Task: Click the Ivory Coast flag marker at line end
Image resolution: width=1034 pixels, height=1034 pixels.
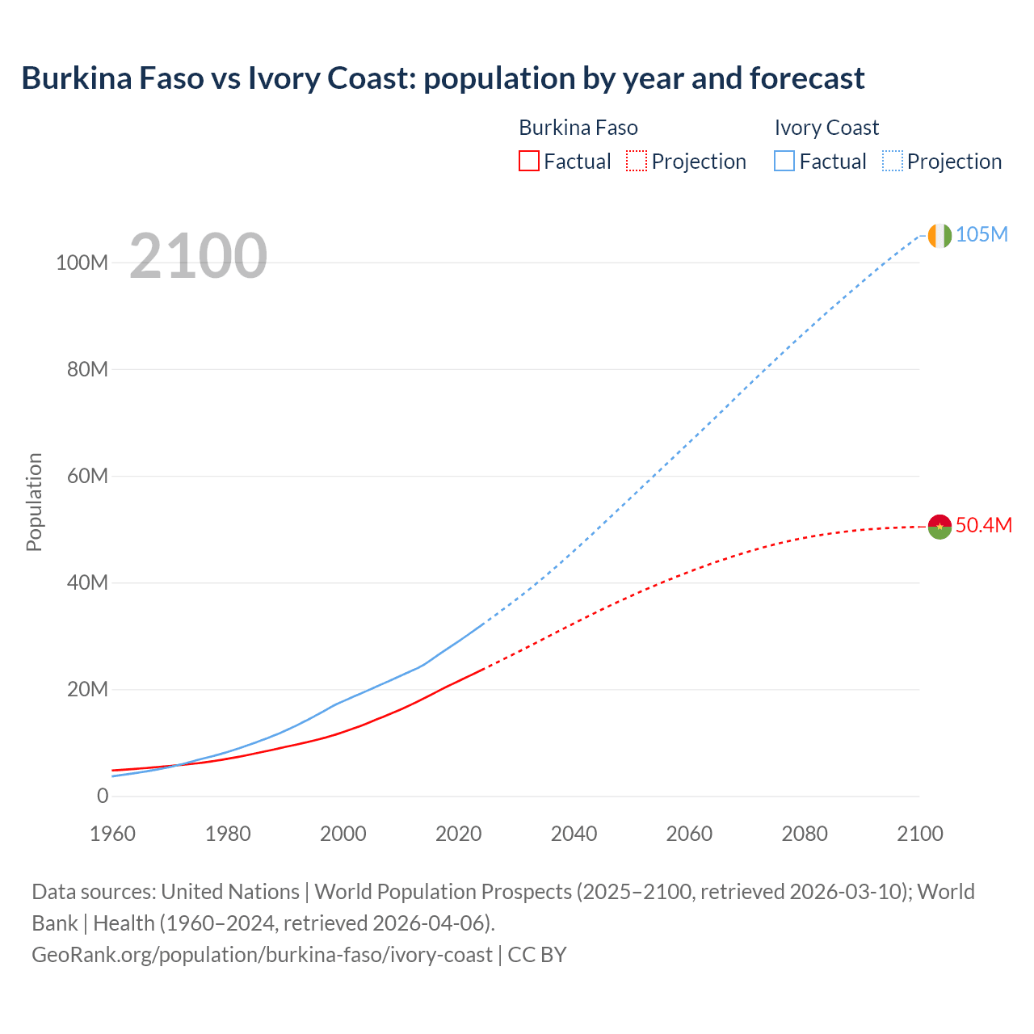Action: point(939,235)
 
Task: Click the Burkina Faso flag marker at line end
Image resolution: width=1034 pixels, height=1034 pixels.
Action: point(939,527)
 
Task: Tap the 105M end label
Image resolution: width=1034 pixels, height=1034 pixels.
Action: point(981,234)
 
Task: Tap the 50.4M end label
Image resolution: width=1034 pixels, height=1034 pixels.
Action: point(983,525)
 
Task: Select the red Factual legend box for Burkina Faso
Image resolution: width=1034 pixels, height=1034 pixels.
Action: point(528,161)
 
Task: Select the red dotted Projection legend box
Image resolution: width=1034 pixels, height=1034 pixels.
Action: point(637,161)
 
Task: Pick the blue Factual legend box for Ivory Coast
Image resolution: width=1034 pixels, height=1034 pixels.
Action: point(784,161)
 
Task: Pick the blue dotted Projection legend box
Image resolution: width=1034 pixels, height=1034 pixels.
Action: point(892,161)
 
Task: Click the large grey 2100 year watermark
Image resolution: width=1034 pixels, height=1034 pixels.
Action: point(198,256)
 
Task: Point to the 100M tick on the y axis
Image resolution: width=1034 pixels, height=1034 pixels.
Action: point(82,263)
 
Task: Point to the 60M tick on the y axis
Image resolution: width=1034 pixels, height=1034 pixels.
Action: point(86,476)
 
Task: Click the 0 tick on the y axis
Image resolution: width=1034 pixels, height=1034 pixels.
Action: point(102,796)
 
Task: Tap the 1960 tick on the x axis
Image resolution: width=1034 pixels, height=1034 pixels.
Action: point(112,834)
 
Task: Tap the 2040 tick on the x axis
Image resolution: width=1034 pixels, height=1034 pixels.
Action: point(574,834)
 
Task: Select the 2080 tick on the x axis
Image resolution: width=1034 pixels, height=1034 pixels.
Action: point(805,834)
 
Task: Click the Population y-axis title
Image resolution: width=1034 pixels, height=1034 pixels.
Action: point(34,502)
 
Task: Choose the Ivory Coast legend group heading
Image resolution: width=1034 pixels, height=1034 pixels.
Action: point(826,128)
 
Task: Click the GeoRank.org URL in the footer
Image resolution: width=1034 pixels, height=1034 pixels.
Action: point(262,955)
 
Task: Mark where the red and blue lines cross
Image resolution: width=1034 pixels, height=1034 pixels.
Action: point(176,764)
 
